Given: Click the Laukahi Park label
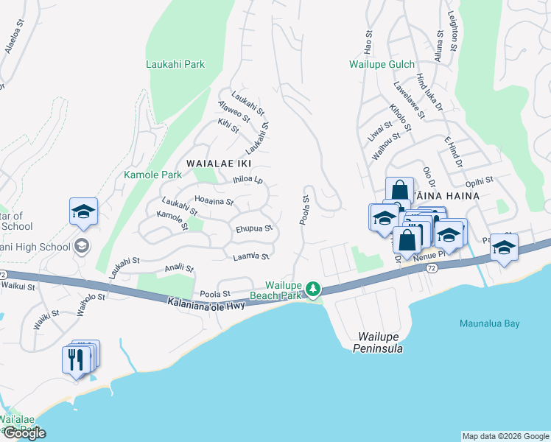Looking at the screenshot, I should click(x=175, y=65).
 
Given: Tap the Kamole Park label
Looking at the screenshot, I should click(x=152, y=175).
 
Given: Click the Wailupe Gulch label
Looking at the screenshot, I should click(x=382, y=65).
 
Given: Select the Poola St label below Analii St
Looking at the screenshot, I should click(x=216, y=292).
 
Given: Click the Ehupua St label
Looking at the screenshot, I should click(x=254, y=228).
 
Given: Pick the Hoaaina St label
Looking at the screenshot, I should click(x=214, y=200).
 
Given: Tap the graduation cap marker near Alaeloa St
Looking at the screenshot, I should click(x=84, y=211).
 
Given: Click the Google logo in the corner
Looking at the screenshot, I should click(x=24, y=433).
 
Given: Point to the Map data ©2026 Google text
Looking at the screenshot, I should click(x=505, y=436).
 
